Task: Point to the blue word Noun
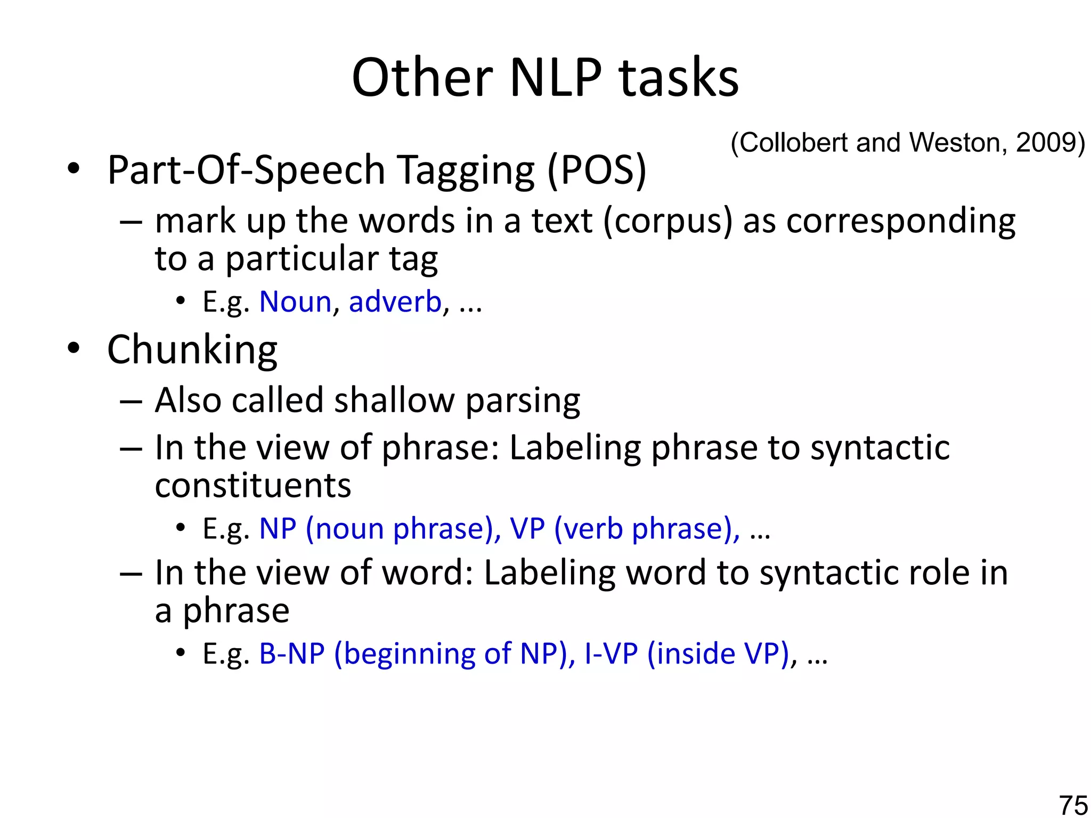coord(295,302)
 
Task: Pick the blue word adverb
coord(395,302)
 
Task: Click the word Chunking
coord(192,350)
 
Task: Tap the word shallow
coord(394,400)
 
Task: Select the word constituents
coord(253,485)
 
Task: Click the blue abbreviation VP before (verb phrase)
coord(527,529)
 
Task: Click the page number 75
coord(1073,805)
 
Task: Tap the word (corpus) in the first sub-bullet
coord(667,221)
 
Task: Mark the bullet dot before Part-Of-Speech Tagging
coord(74,169)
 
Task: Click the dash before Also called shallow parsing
coord(131,401)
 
